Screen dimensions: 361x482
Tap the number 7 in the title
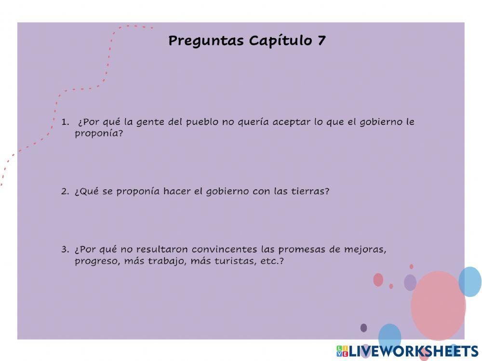tap(321, 40)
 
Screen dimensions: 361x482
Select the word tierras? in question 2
tap(310, 191)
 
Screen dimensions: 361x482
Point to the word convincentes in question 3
tap(224, 250)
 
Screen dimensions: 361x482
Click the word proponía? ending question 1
tap(99, 134)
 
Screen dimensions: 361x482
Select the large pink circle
tap(438, 305)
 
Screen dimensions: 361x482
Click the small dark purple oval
tap(363, 328)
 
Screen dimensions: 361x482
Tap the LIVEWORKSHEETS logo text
tap(413, 351)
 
